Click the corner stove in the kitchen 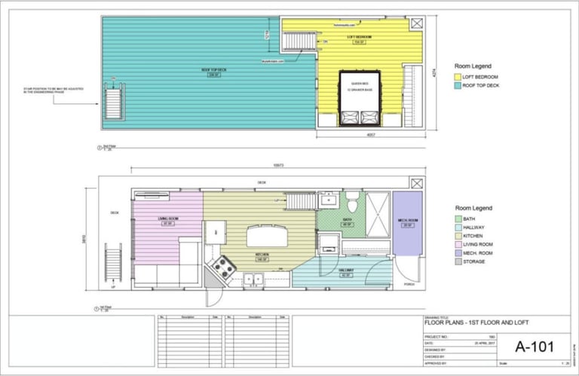pyautogui.click(x=221, y=265)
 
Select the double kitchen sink pyautogui.click(x=253, y=280)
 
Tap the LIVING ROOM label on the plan pyautogui.click(x=167, y=219)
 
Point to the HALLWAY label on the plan pyautogui.click(x=347, y=271)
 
